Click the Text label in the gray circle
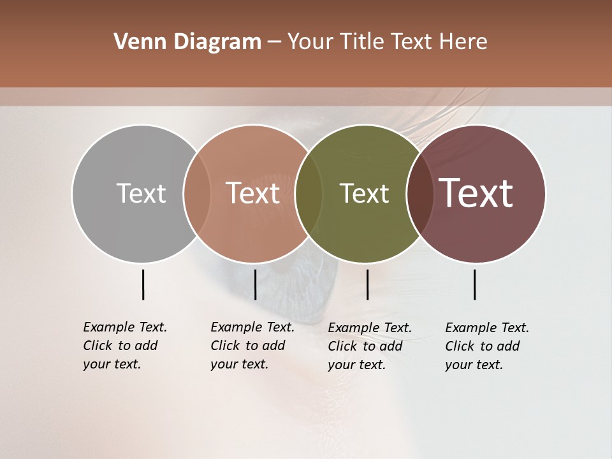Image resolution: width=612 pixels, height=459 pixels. coord(141,193)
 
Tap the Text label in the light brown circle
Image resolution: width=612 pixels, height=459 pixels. coord(253,193)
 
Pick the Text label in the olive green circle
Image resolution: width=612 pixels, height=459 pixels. coord(364,193)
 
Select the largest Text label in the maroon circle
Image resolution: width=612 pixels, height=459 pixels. coord(476,193)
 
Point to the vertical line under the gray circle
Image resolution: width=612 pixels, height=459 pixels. coord(143,284)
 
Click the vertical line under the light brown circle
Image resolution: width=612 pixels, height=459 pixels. coord(255,284)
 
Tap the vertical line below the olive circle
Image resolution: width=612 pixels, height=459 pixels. coord(367,284)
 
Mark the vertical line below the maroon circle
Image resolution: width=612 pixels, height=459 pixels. coord(474,284)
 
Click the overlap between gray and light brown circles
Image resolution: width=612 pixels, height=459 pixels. coord(197,193)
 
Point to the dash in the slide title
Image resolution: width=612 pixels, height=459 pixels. coord(274,42)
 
